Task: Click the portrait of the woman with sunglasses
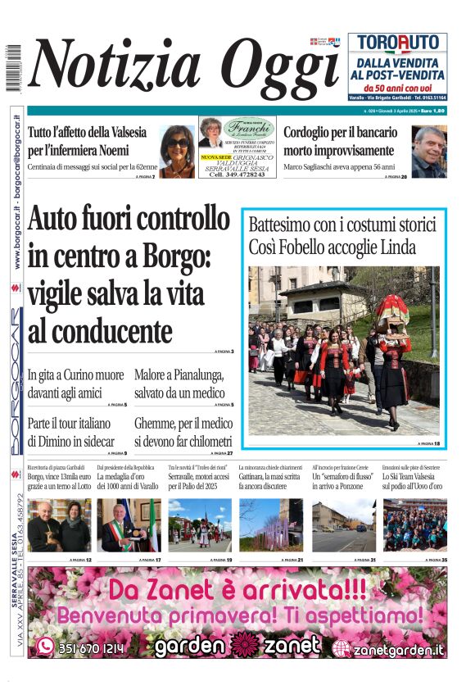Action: [x=177, y=152]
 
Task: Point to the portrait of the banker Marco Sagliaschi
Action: [x=428, y=152]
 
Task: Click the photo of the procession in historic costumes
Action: [x=344, y=350]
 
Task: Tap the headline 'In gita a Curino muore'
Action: [x=76, y=384]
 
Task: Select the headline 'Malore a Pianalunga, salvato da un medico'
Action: [x=179, y=384]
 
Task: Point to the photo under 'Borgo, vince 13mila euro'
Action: [x=60, y=525]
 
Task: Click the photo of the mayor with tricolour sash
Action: [x=129, y=525]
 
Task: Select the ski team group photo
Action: [x=414, y=525]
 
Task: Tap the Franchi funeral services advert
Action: [x=237, y=148]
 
